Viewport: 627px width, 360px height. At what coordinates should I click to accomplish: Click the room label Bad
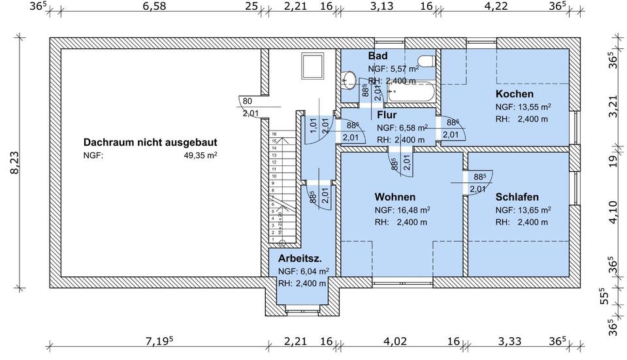click(x=378, y=56)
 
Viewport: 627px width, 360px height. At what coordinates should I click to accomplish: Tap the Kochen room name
click(x=514, y=94)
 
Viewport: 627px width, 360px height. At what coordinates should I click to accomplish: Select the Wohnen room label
click(x=394, y=197)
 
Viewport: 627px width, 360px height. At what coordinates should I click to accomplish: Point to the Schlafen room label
click(x=517, y=197)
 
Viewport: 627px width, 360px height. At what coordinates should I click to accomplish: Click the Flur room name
click(x=387, y=115)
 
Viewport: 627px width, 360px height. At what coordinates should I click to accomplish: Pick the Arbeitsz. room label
click(x=300, y=258)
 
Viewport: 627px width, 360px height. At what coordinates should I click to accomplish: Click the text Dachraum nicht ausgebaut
click(x=150, y=142)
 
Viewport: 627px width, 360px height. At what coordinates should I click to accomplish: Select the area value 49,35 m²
click(x=201, y=155)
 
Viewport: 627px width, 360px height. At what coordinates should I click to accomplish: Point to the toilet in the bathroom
click(x=426, y=62)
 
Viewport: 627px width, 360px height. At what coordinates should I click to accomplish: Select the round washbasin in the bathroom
click(x=349, y=80)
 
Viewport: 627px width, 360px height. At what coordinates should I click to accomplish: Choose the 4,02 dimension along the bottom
click(x=394, y=340)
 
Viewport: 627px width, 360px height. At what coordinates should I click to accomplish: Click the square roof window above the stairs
click(x=313, y=66)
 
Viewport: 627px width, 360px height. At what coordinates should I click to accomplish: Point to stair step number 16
click(x=275, y=134)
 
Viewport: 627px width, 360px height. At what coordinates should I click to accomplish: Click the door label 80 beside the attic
click(x=248, y=101)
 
